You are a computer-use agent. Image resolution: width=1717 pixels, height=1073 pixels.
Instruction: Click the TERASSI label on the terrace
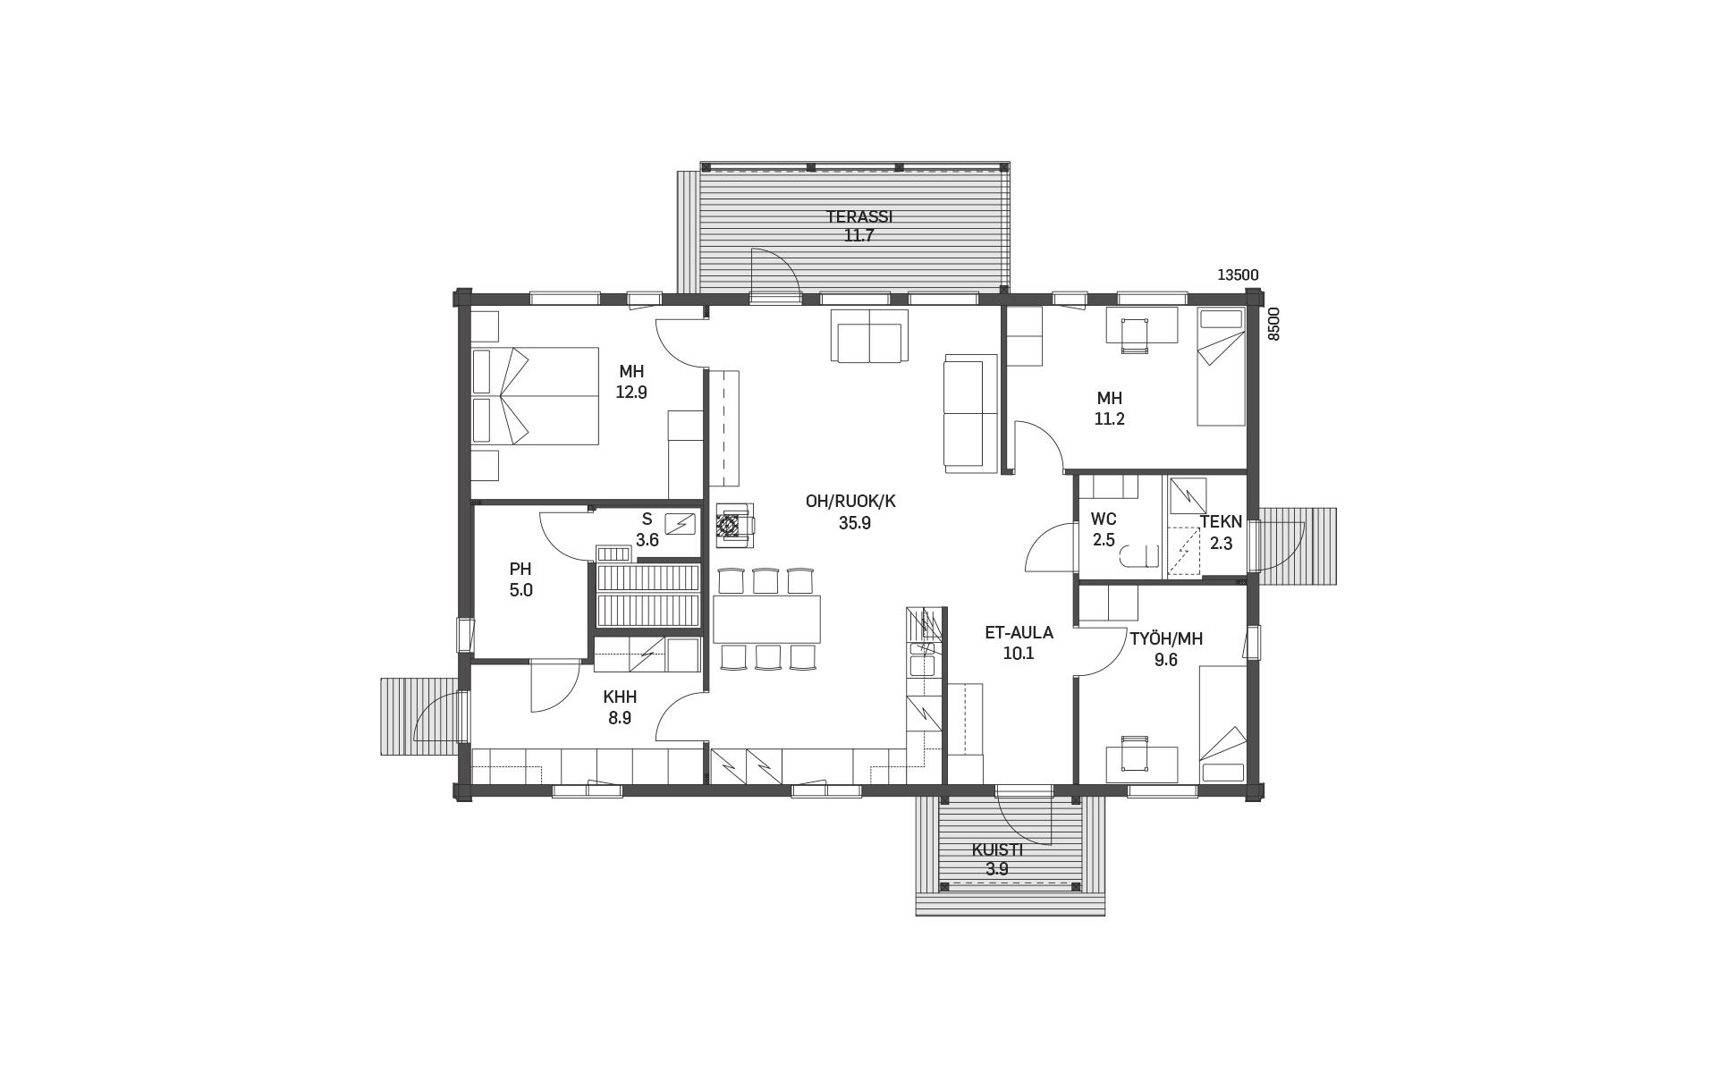858,216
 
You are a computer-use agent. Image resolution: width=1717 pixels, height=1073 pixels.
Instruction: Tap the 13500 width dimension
1238,275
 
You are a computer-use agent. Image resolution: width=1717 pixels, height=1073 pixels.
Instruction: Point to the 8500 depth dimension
1274,324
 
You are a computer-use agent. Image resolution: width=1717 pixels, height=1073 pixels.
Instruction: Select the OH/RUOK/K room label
850,502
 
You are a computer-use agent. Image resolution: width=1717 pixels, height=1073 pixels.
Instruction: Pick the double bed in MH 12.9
535,396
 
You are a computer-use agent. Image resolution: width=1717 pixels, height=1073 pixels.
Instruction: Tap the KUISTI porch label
997,850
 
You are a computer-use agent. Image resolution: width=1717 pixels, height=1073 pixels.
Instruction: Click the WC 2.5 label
1104,529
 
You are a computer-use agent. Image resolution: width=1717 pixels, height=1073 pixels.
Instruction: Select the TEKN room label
1221,521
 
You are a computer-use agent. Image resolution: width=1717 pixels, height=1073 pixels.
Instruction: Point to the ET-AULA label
1019,632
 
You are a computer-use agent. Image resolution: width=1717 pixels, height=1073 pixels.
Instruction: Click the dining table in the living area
766,619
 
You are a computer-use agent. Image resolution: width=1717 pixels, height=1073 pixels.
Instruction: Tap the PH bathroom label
520,570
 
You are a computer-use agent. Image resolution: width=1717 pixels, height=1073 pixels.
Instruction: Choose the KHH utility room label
620,697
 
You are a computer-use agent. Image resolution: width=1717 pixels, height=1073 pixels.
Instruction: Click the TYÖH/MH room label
1166,638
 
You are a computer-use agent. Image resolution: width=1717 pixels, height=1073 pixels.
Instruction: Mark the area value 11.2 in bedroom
1110,418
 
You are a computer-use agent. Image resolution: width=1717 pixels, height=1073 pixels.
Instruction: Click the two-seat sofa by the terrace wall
869,335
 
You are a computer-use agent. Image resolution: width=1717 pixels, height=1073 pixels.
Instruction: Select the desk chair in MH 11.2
1135,336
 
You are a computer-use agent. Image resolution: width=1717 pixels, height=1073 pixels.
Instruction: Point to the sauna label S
647,520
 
